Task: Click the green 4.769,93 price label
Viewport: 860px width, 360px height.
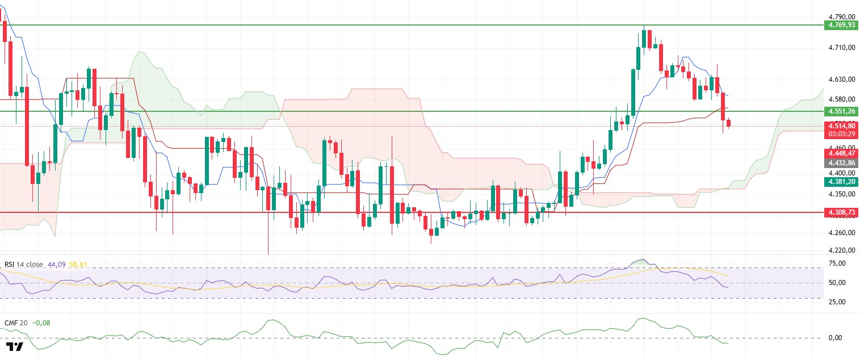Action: pos(841,25)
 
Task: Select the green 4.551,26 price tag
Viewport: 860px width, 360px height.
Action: pos(841,111)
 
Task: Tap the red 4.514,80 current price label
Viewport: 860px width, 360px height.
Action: pos(841,126)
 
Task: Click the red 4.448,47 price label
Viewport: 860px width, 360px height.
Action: pos(841,153)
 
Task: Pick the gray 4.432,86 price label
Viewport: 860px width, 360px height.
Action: pos(841,162)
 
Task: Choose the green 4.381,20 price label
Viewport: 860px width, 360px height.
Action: pos(841,182)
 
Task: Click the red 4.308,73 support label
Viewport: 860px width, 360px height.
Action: pos(841,212)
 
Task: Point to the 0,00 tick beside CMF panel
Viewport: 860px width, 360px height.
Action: pos(834,338)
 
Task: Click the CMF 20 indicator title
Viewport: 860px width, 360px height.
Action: pos(15,323)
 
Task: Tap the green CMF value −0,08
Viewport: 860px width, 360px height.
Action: pos(41,323)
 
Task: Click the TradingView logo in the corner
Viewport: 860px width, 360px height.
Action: pos(15,346)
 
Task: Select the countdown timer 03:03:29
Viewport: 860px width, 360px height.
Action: pos(841,134)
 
